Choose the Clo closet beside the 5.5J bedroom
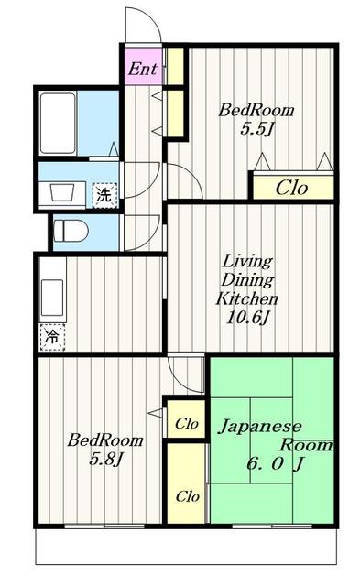pyautogui.click(x=292, y=188)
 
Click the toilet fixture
pyautogui.click(x=69, y=229)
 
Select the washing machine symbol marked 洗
pyautogui.click(x=104, y=194)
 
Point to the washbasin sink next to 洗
pyautogui.click(x=62, y=193)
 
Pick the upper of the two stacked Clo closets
pyautogui.click(x=188, y=424)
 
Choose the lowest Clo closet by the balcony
pyautogui.click(x=188, y=495)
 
